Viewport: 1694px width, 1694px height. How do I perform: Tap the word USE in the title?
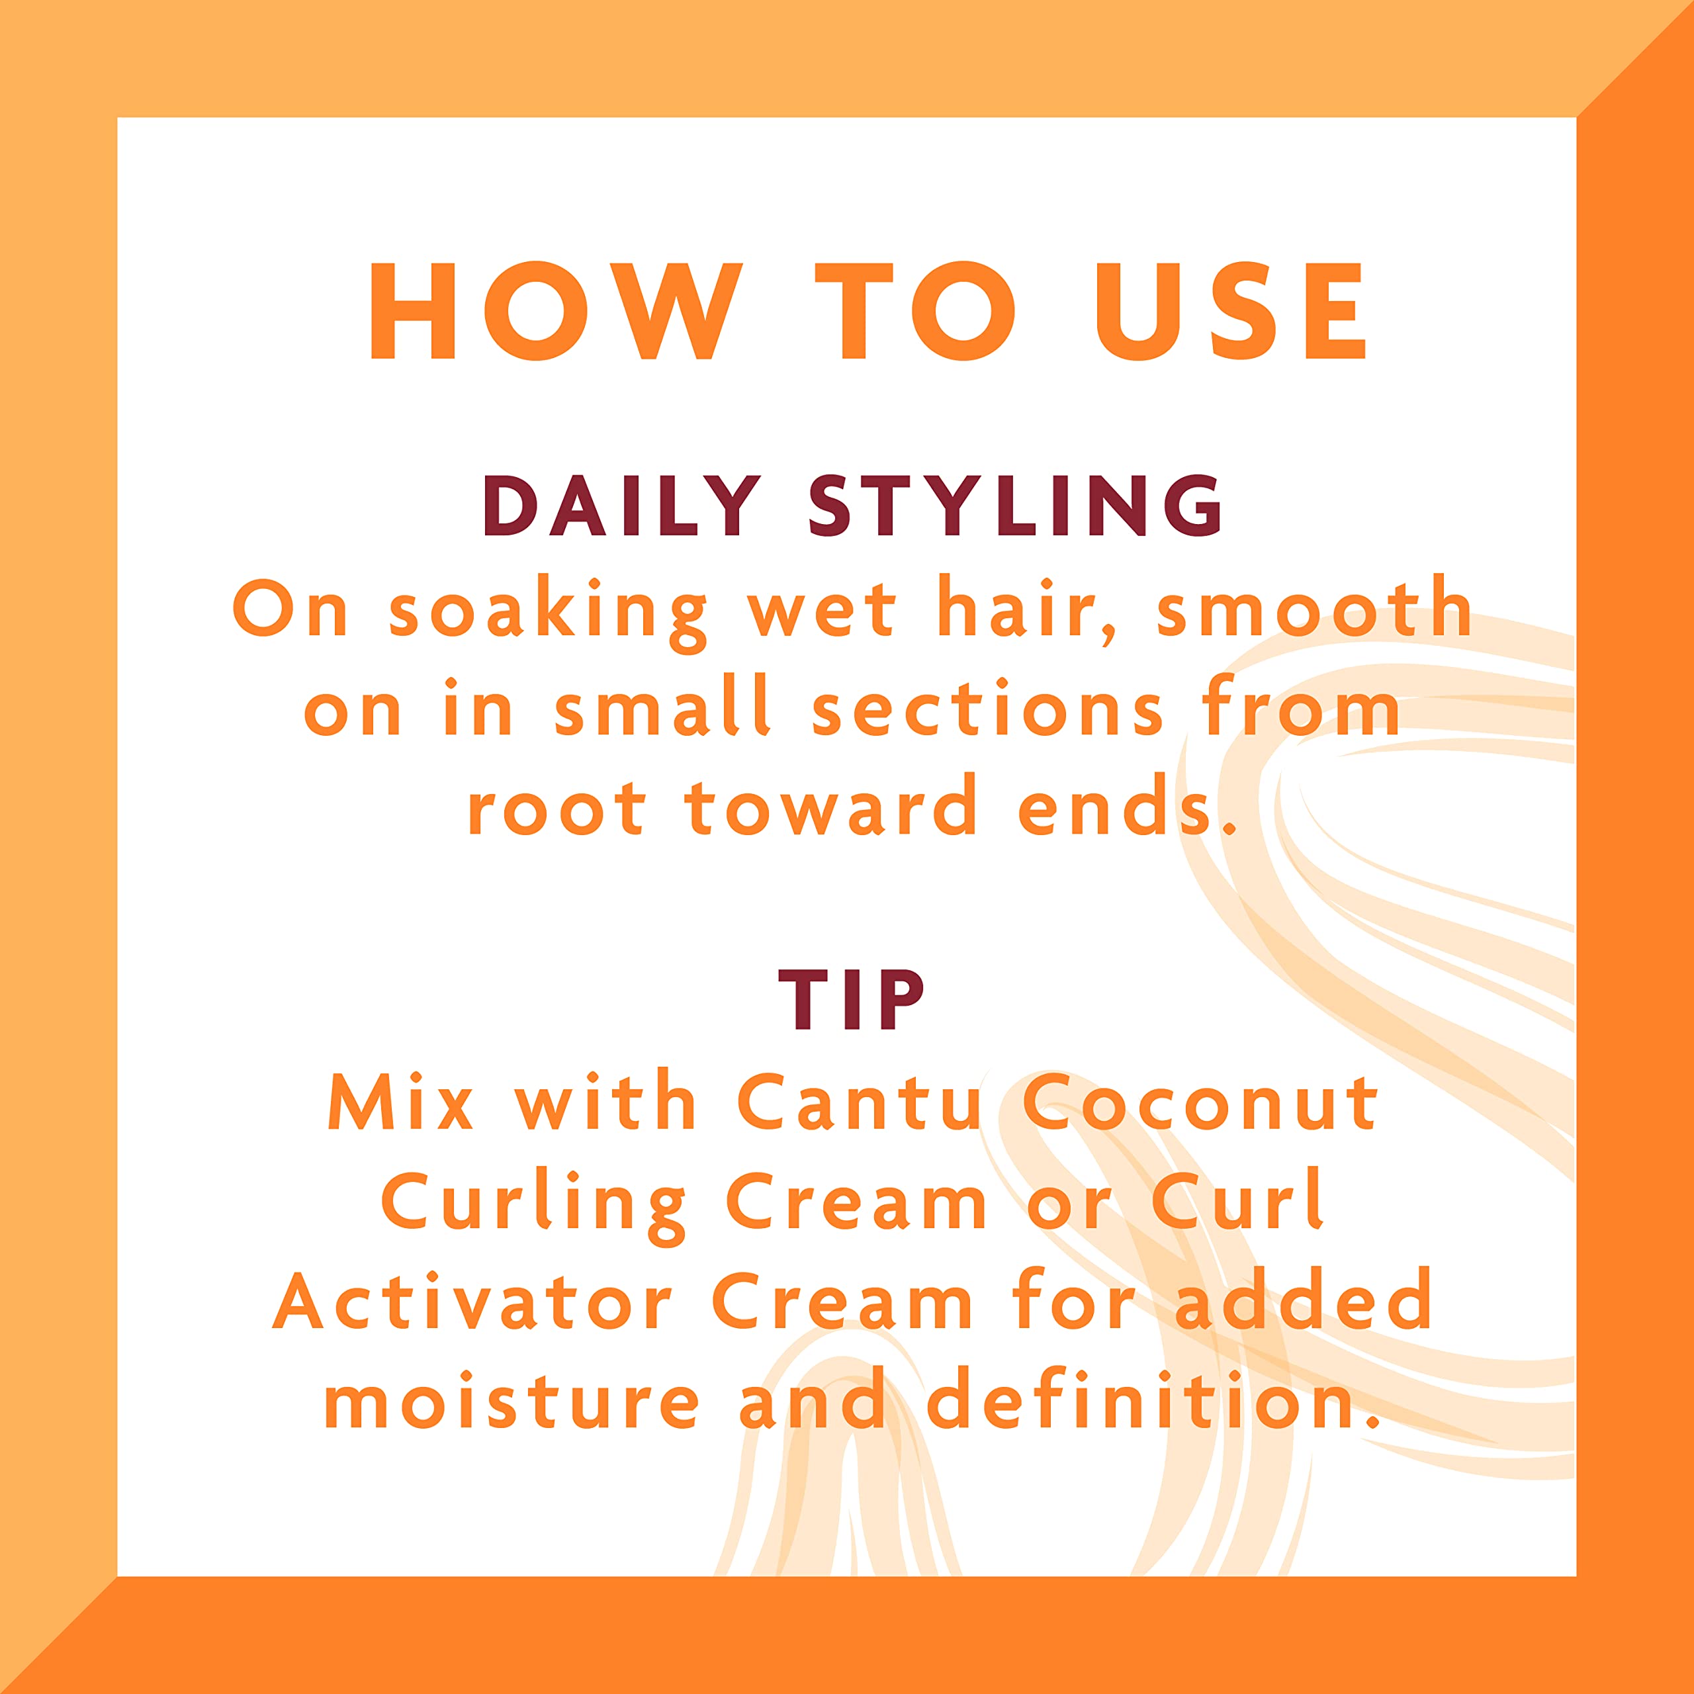1229,310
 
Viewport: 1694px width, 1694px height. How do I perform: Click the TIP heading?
850,1000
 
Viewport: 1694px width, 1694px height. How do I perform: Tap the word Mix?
401,1102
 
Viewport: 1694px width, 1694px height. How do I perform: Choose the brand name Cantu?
860,1102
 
